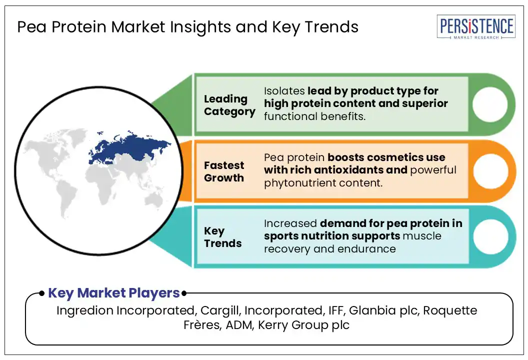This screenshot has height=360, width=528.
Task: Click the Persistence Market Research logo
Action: pyautogui.click(x=475, y=27)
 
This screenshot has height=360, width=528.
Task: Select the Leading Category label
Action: pyautogui.click(x=229, y=105)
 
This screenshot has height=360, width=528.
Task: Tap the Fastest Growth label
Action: pyautogui.click(x=224, y=171)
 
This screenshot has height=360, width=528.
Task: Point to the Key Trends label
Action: pyautogui.click(x=222, y=237)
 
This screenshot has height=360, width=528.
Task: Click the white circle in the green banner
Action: pyautogui.click(x=489, y=105)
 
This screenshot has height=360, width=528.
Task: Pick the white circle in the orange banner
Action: pyautogui.click(x=489, y=171)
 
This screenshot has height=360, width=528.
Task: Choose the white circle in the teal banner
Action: pyautogui.click(x=489, y=236)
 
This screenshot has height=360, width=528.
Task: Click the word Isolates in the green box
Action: pyautogui.click(x=283, y=91)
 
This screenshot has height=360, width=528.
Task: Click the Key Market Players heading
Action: pyautogui.click(x=113, y=293)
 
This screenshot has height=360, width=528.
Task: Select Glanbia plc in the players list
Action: pyautogui.click(x=383, y=310)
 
